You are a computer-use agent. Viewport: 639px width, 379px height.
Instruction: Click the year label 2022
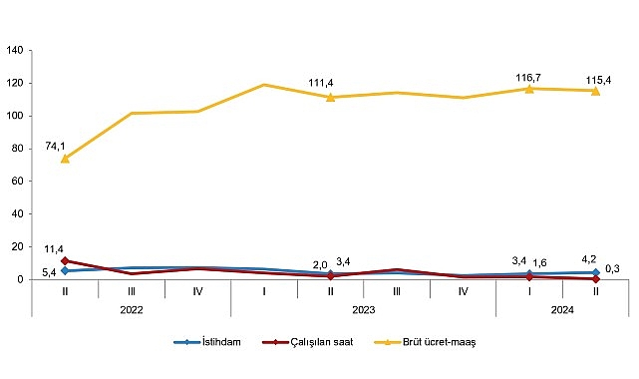pos(132,309)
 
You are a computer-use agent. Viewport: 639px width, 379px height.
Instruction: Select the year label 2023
pos(364,309)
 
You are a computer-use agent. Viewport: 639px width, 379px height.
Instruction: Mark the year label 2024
pos(563,309)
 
